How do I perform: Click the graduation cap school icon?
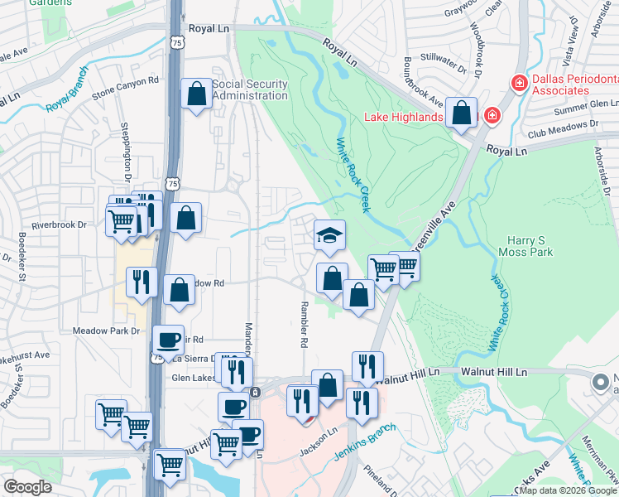(329, 235)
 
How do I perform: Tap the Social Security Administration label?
(250, 89)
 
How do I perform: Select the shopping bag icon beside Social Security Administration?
(197, 94)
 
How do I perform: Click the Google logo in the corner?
(28, 487)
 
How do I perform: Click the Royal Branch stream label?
(67, 98)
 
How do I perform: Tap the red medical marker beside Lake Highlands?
(492, 114)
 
